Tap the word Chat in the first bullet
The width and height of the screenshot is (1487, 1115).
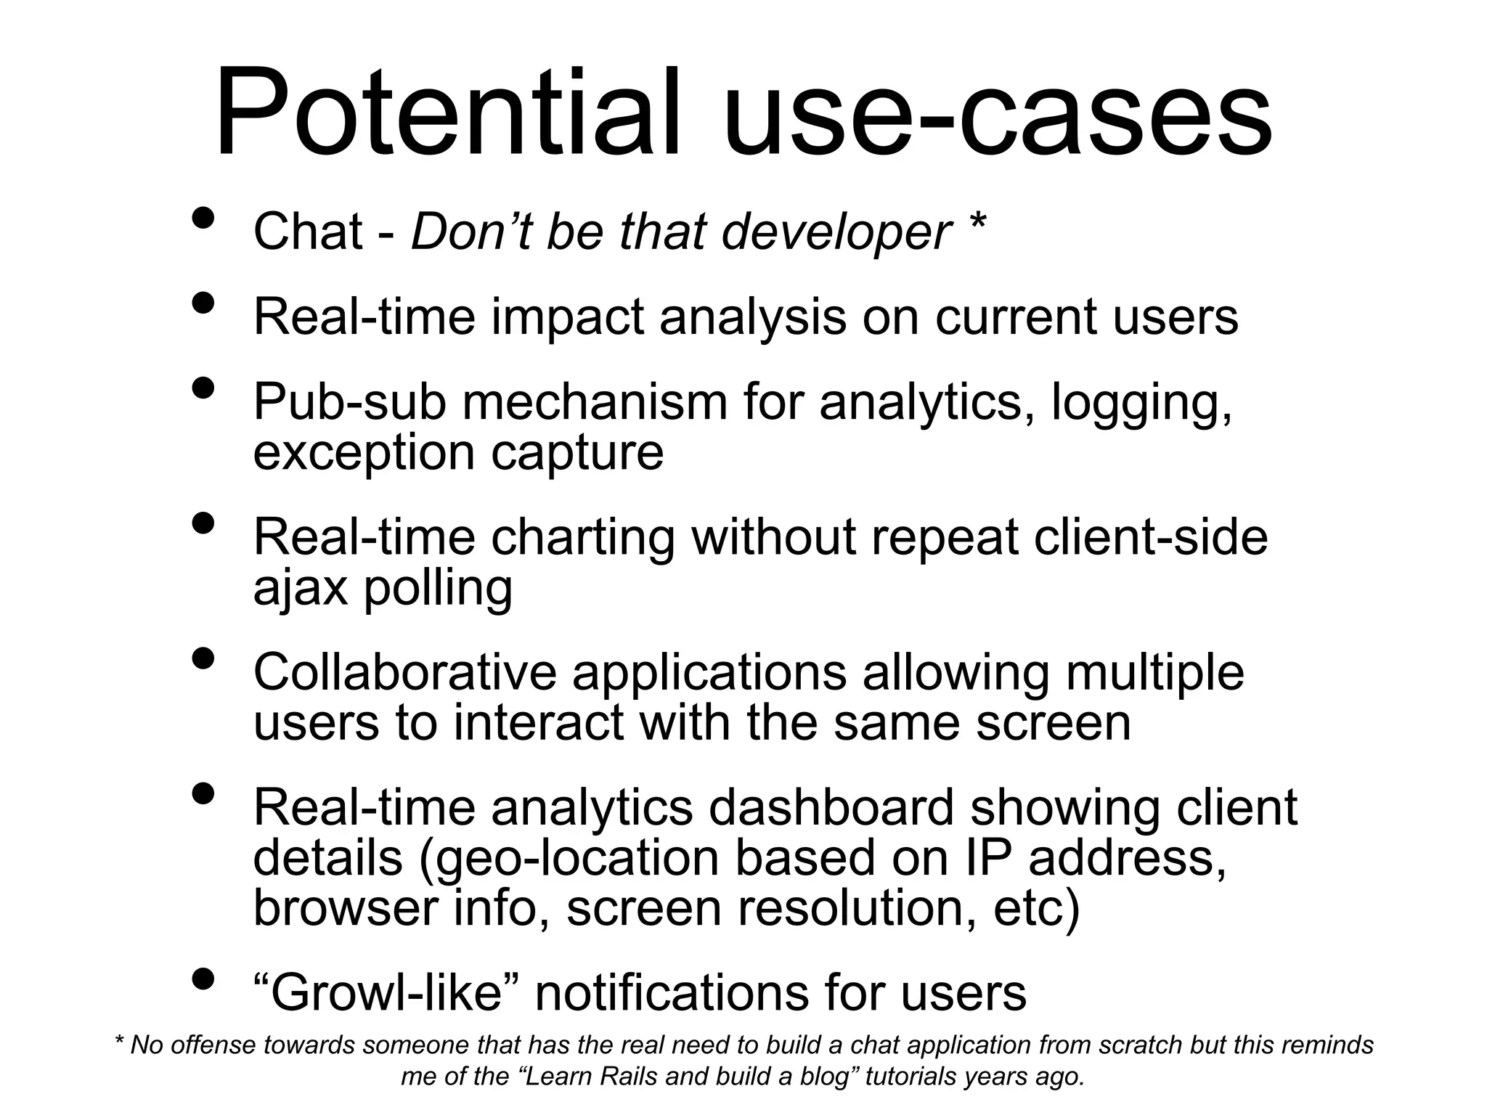pyautogui.click(x=308, y=232)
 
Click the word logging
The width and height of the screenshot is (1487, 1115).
pyautogui.click(x=1141, y=404)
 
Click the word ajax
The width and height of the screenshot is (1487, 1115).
pyautogui.click(x=301, y=588)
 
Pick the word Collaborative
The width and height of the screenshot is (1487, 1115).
pyautogui.click(x=404, y=672)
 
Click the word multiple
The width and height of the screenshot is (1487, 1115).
pyautogui.click(x=1154, y=674)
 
